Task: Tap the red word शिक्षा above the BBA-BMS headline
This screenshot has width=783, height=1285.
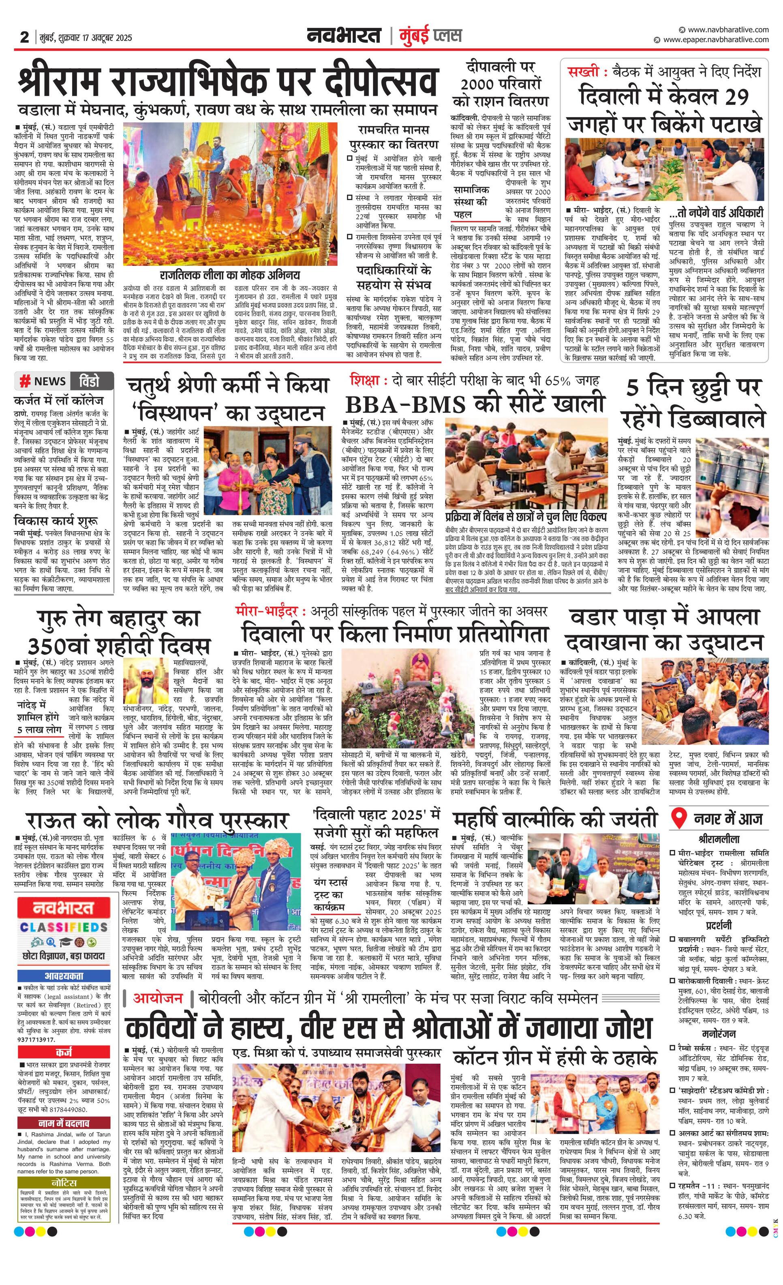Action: tap(365, 380)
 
